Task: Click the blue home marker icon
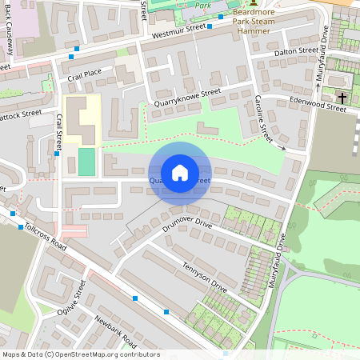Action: click(x=180, y=172)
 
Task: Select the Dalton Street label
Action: click(x=296, y=51)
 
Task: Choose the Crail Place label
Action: click(x=85, y=74)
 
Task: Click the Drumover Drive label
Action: click(x=186, y=225)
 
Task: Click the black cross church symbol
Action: click(x=342, y=98)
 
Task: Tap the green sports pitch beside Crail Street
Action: click(x=86, y=162)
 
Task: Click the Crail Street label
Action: click(x=58, y=133)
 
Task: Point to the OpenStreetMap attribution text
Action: click(x=81, y=354)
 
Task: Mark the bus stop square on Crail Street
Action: click(x=58, y=154)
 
